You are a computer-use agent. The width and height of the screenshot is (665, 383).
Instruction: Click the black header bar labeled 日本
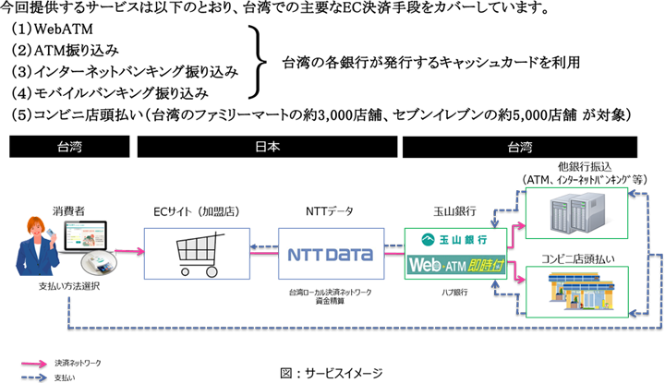[x=264, y=147]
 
